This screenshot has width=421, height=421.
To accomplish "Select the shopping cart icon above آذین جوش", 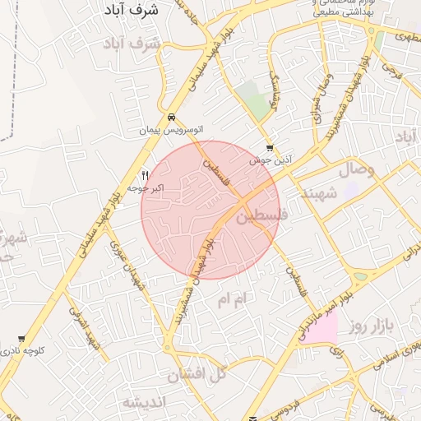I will point(270,149).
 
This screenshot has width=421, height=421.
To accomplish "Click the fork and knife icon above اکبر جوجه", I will point(146,175).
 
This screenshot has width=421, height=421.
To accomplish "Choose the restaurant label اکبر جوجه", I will point(146,188).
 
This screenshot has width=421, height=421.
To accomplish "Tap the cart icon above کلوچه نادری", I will point(21,339).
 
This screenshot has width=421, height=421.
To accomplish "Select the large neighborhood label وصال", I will point(354,170).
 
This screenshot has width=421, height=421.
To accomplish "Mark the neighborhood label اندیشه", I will point(145,402).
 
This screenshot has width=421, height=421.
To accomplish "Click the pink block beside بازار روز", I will point(324,329).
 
